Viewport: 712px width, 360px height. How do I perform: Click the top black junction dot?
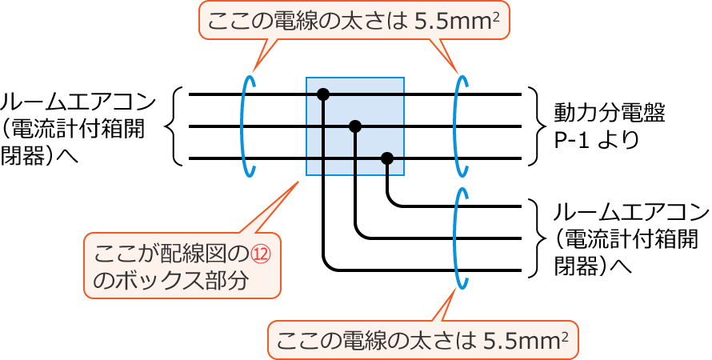pyautogui.click(x=323, y=94)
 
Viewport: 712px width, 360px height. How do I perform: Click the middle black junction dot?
pyautogui.click(x=356, y=126)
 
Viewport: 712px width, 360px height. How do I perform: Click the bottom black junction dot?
pyautogui.click(x=387, y=158)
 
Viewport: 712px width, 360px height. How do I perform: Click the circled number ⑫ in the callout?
pyautogui.click(x=263, y=254)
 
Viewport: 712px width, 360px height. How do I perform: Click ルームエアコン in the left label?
pyautogui.click(x=78, y=102)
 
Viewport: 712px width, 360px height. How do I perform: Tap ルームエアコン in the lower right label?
pyautogui.click(x=631, y=213)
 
